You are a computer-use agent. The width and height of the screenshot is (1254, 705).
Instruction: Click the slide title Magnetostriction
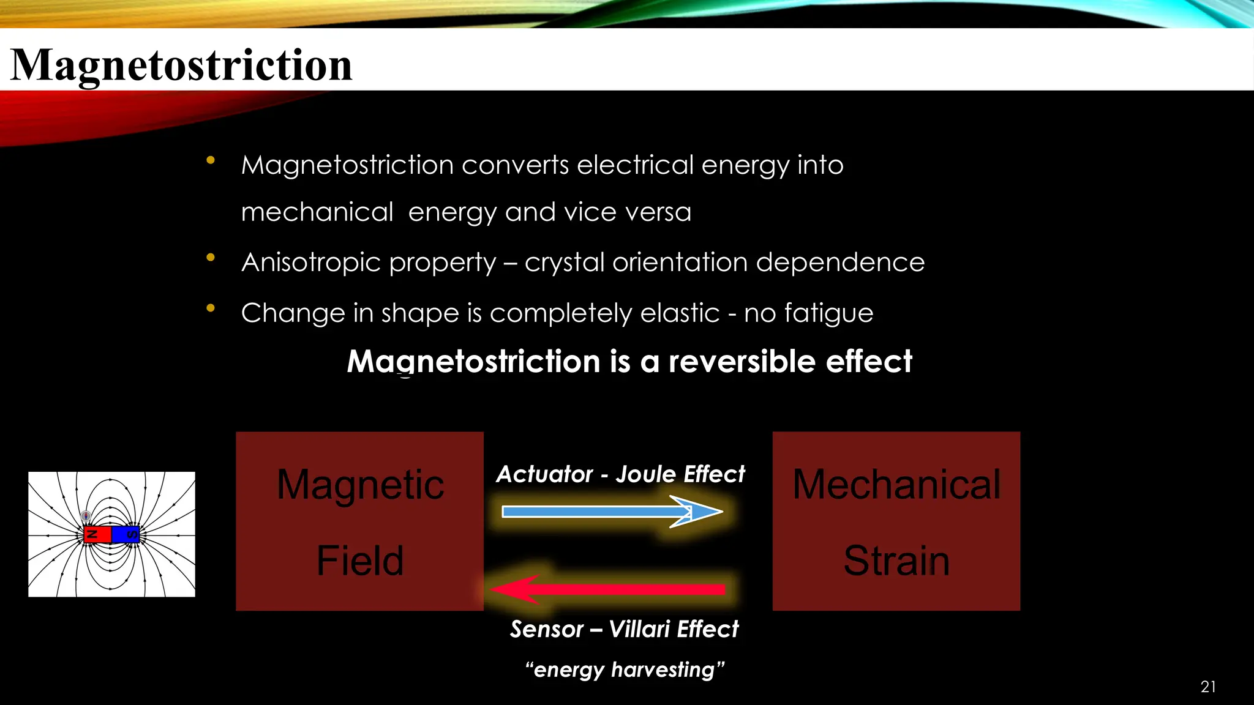click(181, 65)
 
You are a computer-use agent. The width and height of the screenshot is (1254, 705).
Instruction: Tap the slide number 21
click(1208, 687)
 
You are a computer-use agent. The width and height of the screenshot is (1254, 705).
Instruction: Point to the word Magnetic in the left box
click(360, 485)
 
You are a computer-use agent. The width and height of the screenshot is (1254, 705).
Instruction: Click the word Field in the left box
click(360, 561)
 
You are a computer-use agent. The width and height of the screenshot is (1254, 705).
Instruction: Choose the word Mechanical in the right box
click(896, 485)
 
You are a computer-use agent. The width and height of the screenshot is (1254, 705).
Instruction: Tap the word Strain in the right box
click(896, 561)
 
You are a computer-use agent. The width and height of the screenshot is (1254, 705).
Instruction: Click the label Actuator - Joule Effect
click(620, 474)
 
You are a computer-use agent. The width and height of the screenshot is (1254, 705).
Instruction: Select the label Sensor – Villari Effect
click(624, 629)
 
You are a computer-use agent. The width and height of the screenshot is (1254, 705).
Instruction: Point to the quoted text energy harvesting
click(625, 670)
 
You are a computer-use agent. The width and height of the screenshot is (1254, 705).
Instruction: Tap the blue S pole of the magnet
click(126, 534)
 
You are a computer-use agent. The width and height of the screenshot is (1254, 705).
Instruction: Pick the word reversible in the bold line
click(742, 361)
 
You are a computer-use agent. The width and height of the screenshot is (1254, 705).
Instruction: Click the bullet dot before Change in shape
click(211, 308)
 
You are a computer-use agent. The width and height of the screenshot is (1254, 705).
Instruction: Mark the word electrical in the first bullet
click(635, 165)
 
